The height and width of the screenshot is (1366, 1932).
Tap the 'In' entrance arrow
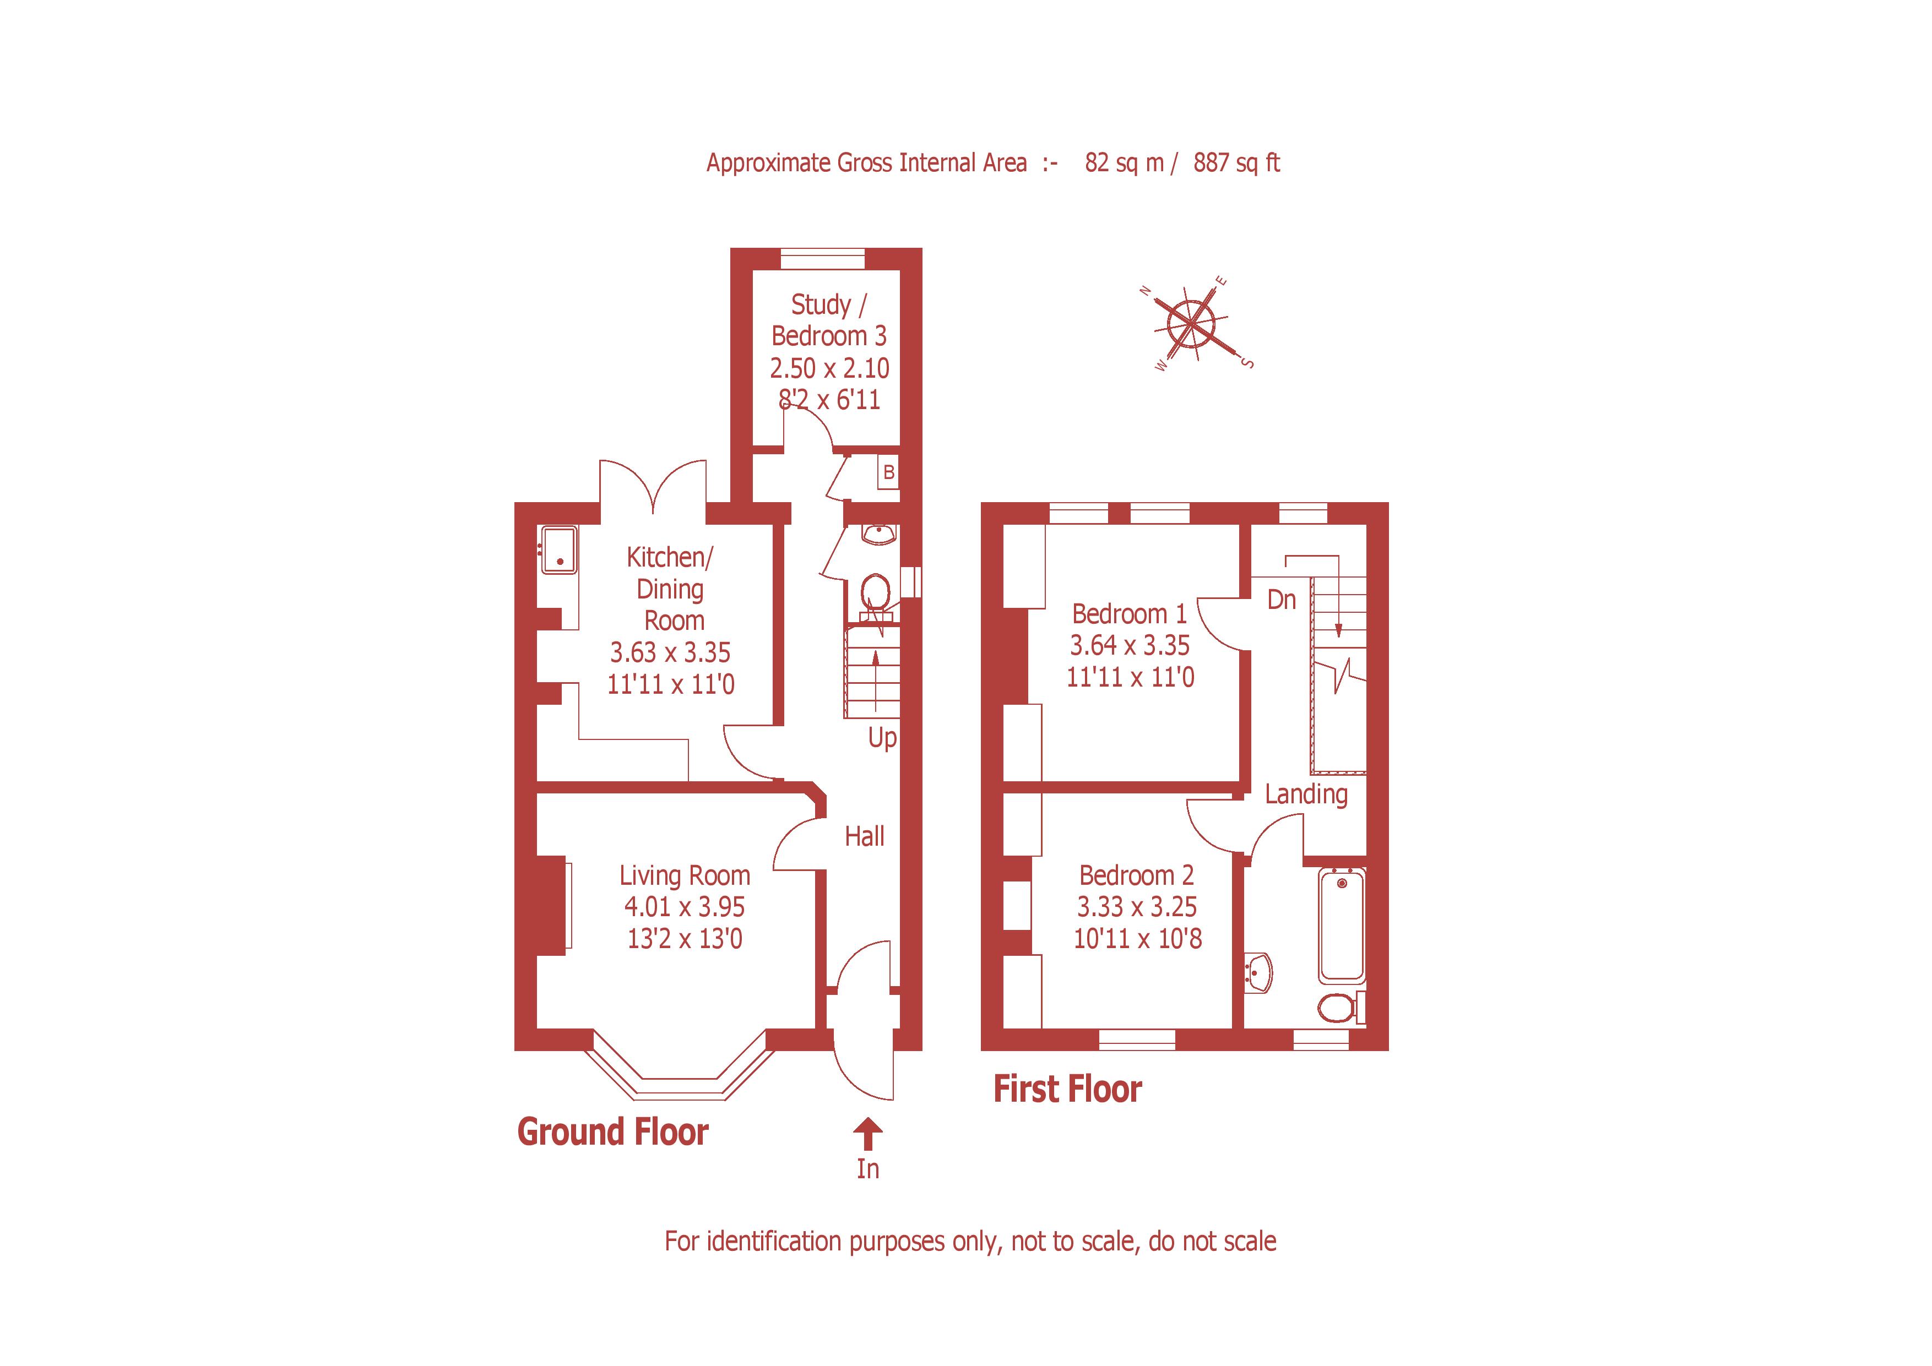point(867,1135)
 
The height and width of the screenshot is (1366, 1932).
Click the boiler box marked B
point(888,473)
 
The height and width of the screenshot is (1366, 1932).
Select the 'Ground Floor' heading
point(612,1132)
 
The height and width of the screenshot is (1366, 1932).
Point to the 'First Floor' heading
point(1067,1089)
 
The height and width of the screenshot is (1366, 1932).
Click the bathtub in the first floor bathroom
point(1341,925)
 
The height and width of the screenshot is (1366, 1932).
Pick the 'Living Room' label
point(684,875)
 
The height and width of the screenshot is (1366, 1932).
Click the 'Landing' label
point(1305,794)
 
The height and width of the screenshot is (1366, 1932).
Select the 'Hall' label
point(864,836)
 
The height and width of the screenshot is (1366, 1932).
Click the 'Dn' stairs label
point(1282,600)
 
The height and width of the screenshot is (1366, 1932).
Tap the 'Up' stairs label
point(882,738)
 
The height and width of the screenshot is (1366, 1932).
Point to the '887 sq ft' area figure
point(1235,162)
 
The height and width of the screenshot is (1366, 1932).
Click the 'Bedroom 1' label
point(1129,613)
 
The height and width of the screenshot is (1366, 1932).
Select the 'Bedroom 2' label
point(1136,875)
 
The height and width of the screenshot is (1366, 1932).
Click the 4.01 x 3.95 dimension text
point(684,907)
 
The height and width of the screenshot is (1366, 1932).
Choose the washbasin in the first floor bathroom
point(1260,973)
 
